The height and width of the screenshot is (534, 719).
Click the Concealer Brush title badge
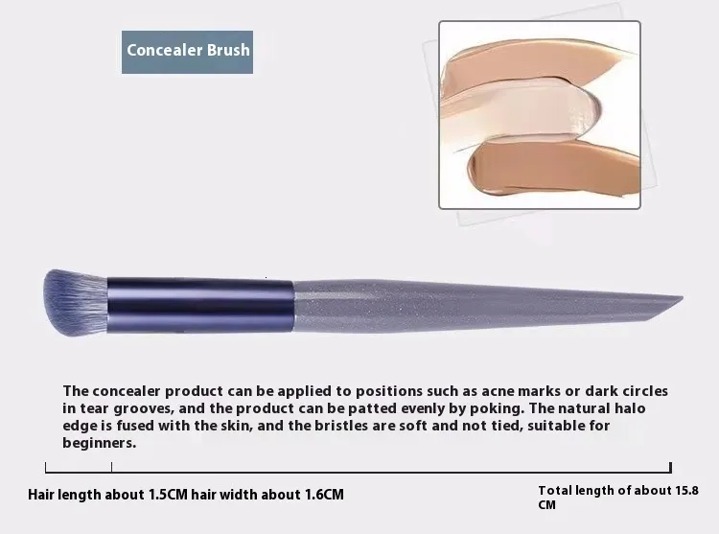(x=187, y=52)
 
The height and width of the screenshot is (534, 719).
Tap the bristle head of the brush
(x=76, y=303)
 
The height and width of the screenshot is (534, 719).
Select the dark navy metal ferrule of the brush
(x=200, y=304)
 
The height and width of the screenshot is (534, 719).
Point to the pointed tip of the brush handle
(x=683, y=298)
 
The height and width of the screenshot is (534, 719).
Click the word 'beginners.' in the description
(x=100, y=443)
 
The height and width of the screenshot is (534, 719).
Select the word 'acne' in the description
(x=498, y=391)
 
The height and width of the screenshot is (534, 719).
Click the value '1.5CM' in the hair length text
(x=168, y=495)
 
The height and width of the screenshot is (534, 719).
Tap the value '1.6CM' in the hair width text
(x=324, y=495)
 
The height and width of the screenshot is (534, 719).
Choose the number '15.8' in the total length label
(x=687, y=491)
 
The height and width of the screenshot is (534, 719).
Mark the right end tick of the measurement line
(x=670, y=467)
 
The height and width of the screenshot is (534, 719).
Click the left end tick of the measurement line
(x=45, y=467)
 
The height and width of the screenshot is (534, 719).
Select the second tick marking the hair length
(x=111, y=467)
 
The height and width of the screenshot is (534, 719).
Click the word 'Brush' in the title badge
(x=228, y=50)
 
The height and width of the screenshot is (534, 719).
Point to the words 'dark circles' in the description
(x=626, y=391)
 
